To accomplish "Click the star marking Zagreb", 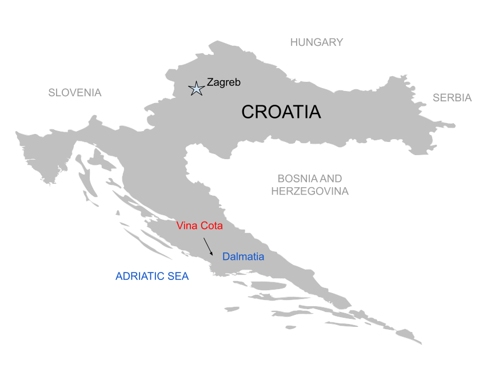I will tap(197, 88).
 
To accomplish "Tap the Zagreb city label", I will tap(223, 82).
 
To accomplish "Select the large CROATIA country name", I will tap(281, 112).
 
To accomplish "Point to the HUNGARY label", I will tap(317, 42).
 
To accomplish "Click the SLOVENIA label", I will tap(75, 93).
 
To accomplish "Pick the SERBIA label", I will tap(452, 98).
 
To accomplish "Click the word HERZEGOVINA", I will tap(310, 192).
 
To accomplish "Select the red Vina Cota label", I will tap(199, 226).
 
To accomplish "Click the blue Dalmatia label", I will tap(244, 256).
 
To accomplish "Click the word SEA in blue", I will tap(178, 277).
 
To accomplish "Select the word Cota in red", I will tap(211, 226).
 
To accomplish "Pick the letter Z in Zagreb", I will tap(210, 82).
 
